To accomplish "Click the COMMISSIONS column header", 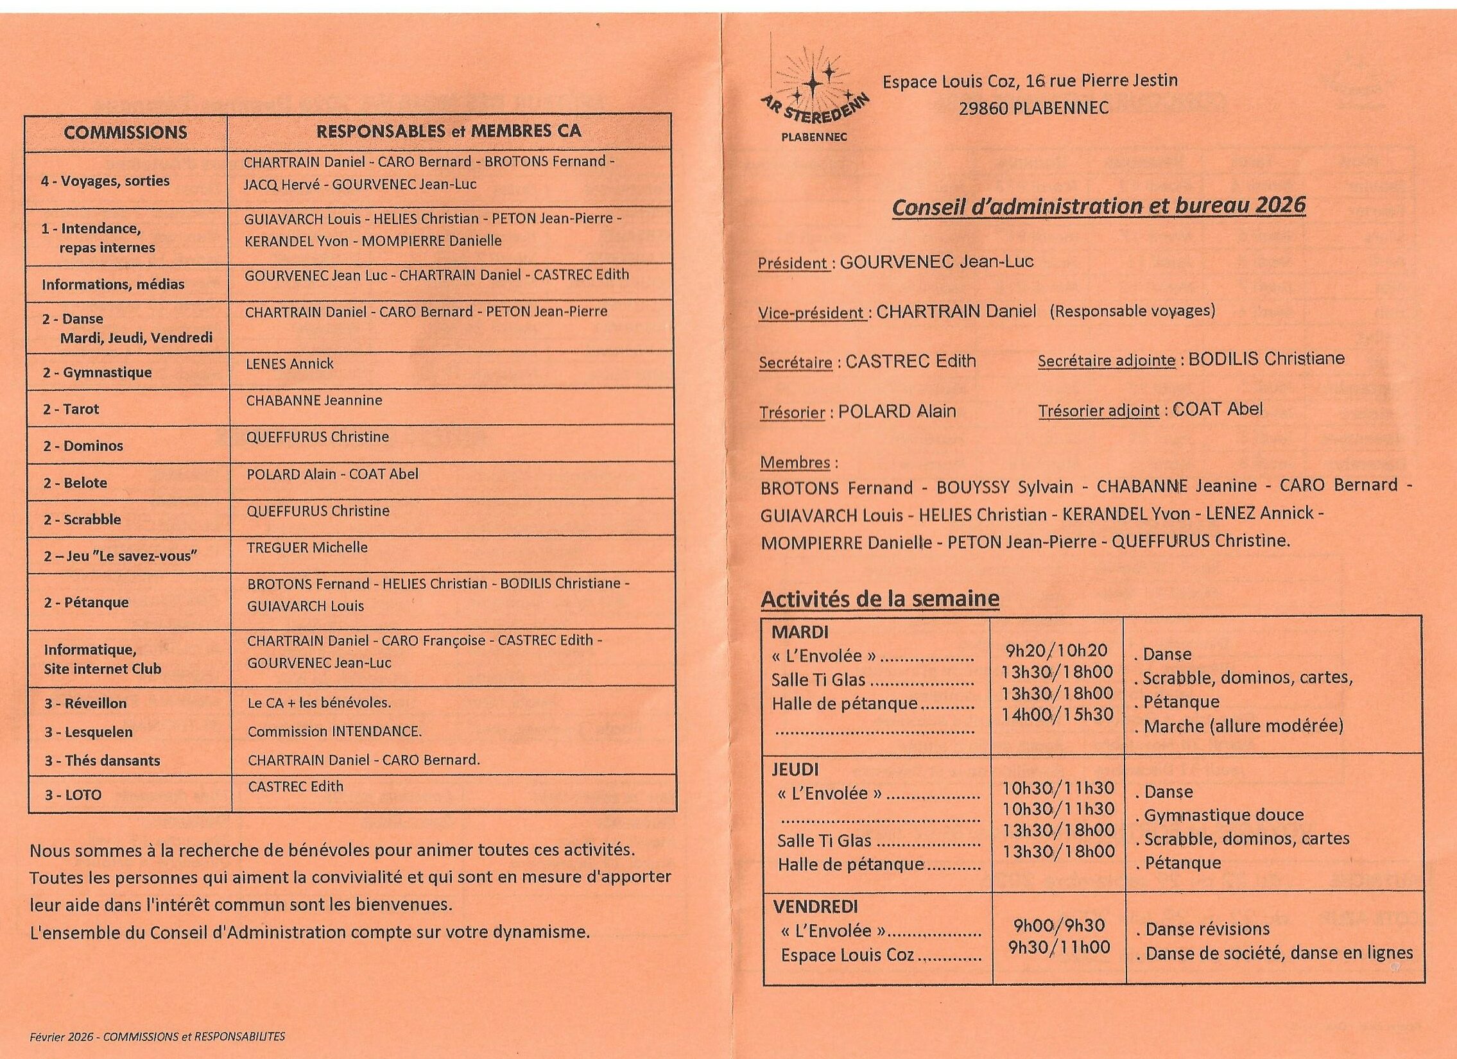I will point(125,133).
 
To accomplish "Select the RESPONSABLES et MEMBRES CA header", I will point(449,132).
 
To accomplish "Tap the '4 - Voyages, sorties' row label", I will point(105,181).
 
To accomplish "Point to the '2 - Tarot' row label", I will point(71,409).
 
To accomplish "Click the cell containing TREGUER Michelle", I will point(307,548).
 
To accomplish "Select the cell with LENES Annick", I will point(289,364).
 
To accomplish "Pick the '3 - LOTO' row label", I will point(73,795).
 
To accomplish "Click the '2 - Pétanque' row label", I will point(86,603).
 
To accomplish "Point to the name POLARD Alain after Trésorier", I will point(897,411).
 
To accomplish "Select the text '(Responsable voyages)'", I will point(1133,311).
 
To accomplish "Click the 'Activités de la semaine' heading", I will point(879,599).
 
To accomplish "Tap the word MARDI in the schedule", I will point(800,633).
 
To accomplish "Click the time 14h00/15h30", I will point(1056,714).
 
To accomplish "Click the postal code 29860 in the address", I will point(983,108).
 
